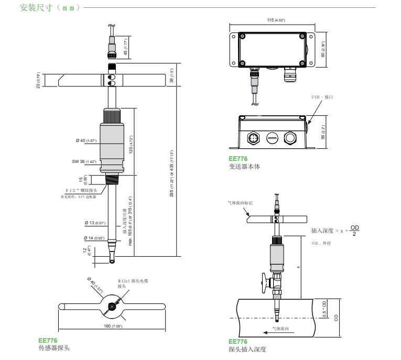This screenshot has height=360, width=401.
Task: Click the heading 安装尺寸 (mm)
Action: [x=50, y=8]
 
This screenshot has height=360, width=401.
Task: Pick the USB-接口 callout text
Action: [x=323, y=97]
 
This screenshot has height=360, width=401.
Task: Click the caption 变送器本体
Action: [x=244, y=167]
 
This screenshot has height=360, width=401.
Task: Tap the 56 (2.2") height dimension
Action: [x=323, y=133]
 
